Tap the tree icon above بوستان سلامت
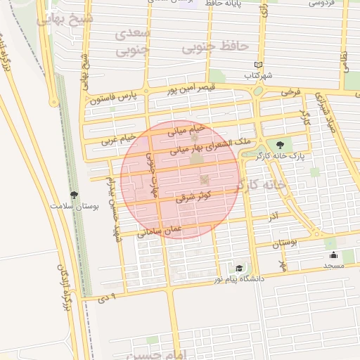(75, 195)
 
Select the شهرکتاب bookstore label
(257, 75)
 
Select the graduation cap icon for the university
(240, 269)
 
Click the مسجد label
(333, 266)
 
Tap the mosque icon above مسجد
(333, 255)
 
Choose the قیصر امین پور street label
(191, 89)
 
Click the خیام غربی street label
(117, 139)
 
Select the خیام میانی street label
(186, 129)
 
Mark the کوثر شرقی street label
(198, 199)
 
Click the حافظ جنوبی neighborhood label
(216, 46)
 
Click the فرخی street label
(290, 91)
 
